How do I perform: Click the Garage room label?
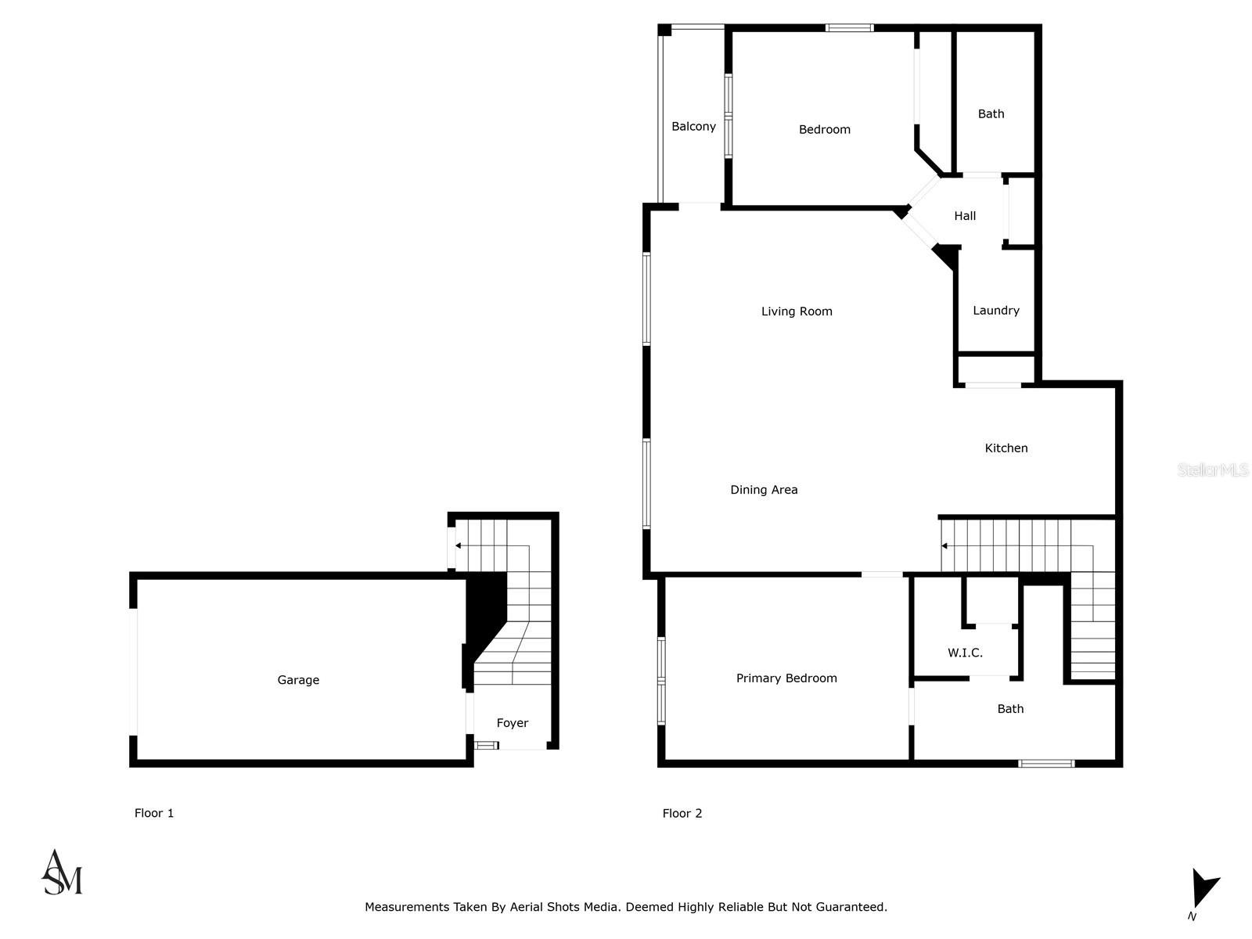(x=298, y=680)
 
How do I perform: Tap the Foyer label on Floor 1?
(x=513, y=723)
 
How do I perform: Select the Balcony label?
(x=693, y=127)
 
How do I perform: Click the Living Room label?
(x=797, y=311)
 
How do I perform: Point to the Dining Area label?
(x=764, y=490)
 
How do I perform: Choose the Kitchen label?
(x=1006, y=448)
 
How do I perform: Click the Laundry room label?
(x=995, y=311)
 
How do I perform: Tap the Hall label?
(x=965, y=216)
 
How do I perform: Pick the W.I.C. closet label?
(x=965, y=653)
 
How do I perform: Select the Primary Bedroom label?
(x=786, y=678)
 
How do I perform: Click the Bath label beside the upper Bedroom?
(x=991, y=114)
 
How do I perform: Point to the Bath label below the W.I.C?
(x=1010, y=709)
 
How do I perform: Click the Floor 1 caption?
(x=154, y=813)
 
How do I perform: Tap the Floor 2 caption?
(x=682, y=813)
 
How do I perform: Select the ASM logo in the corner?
(x=62, y=872)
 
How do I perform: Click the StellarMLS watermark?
(x=1213, y=469)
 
